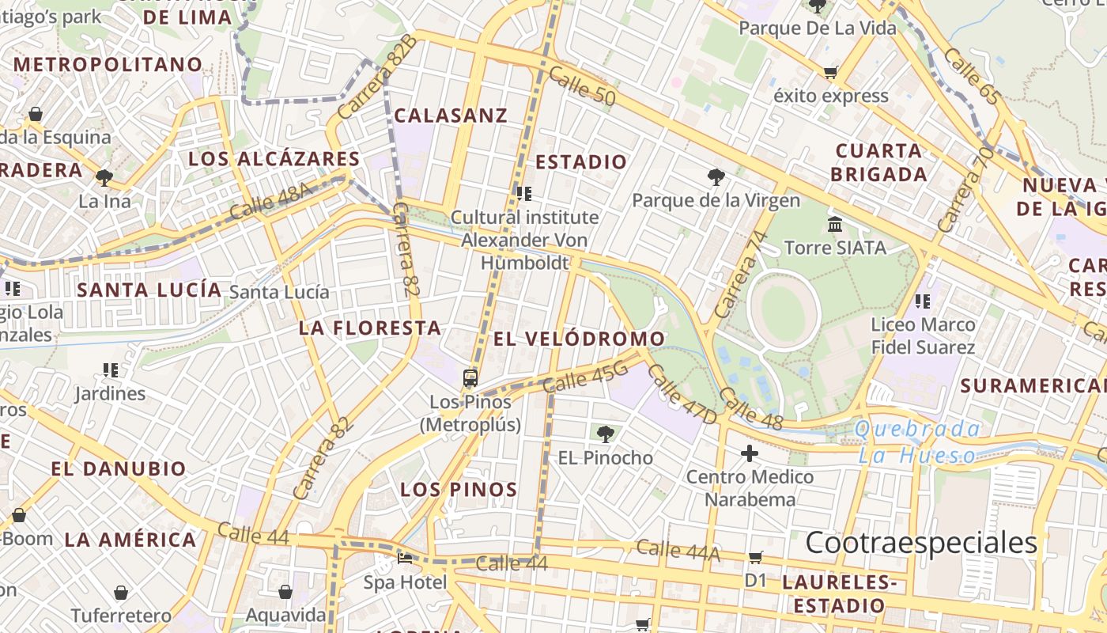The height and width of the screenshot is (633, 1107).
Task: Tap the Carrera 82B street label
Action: point(376,77)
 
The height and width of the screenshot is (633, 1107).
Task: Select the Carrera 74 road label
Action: point(741,273)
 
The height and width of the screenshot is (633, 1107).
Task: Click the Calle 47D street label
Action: point(682,394)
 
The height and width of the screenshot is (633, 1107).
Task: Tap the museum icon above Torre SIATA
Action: point(835,225)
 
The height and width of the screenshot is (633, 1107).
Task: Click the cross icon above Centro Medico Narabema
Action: point(749,454)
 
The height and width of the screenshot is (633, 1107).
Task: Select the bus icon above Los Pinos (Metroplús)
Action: point(470,378)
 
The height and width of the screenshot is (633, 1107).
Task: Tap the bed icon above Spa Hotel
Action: point(405,559)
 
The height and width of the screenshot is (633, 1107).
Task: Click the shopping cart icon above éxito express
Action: point(830,73)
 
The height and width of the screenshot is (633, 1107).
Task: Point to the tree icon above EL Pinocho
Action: point(606,434)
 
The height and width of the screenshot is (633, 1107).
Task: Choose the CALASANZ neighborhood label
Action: point(451,116)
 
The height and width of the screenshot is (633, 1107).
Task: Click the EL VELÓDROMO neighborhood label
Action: point(580,339)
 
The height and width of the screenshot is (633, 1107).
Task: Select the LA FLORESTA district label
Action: point(369,328)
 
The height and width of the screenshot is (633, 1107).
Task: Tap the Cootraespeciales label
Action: point(921,544)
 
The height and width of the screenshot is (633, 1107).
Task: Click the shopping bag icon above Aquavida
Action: point(285,592)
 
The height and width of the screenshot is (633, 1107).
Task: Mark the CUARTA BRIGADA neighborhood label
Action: point(878,162)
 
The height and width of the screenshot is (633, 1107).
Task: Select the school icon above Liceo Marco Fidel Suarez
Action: point(922,301)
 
